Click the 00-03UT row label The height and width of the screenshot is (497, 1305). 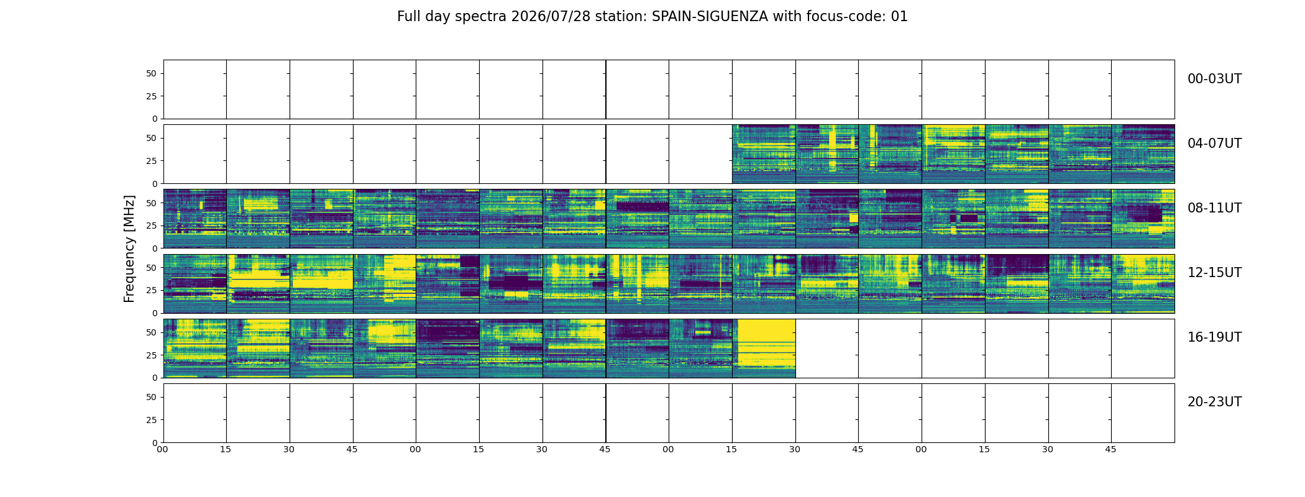1214,79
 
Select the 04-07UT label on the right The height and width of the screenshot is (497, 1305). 1214,144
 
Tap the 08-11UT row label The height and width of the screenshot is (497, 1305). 1214,208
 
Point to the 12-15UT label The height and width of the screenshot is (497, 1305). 1214,273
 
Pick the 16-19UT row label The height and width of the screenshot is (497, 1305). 1214,337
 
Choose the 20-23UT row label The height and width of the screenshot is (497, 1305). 1214,402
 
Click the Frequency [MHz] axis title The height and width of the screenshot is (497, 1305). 129,248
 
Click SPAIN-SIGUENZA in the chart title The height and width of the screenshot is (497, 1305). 710,17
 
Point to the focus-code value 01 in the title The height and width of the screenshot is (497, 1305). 899,17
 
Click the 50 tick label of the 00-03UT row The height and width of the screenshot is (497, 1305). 152,73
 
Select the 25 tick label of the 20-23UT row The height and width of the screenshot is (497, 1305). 152,420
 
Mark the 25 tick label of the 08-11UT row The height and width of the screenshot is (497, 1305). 152,226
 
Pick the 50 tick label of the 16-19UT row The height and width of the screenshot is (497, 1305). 152,332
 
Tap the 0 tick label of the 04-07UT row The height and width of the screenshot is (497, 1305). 155,183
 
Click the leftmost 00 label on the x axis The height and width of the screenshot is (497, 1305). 162,449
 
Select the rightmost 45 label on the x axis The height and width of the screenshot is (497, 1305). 1110,449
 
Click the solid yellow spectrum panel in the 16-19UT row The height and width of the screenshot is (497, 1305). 764,348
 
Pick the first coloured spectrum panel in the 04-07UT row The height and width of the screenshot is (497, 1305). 764,154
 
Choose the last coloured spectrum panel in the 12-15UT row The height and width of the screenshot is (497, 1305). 1143,283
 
